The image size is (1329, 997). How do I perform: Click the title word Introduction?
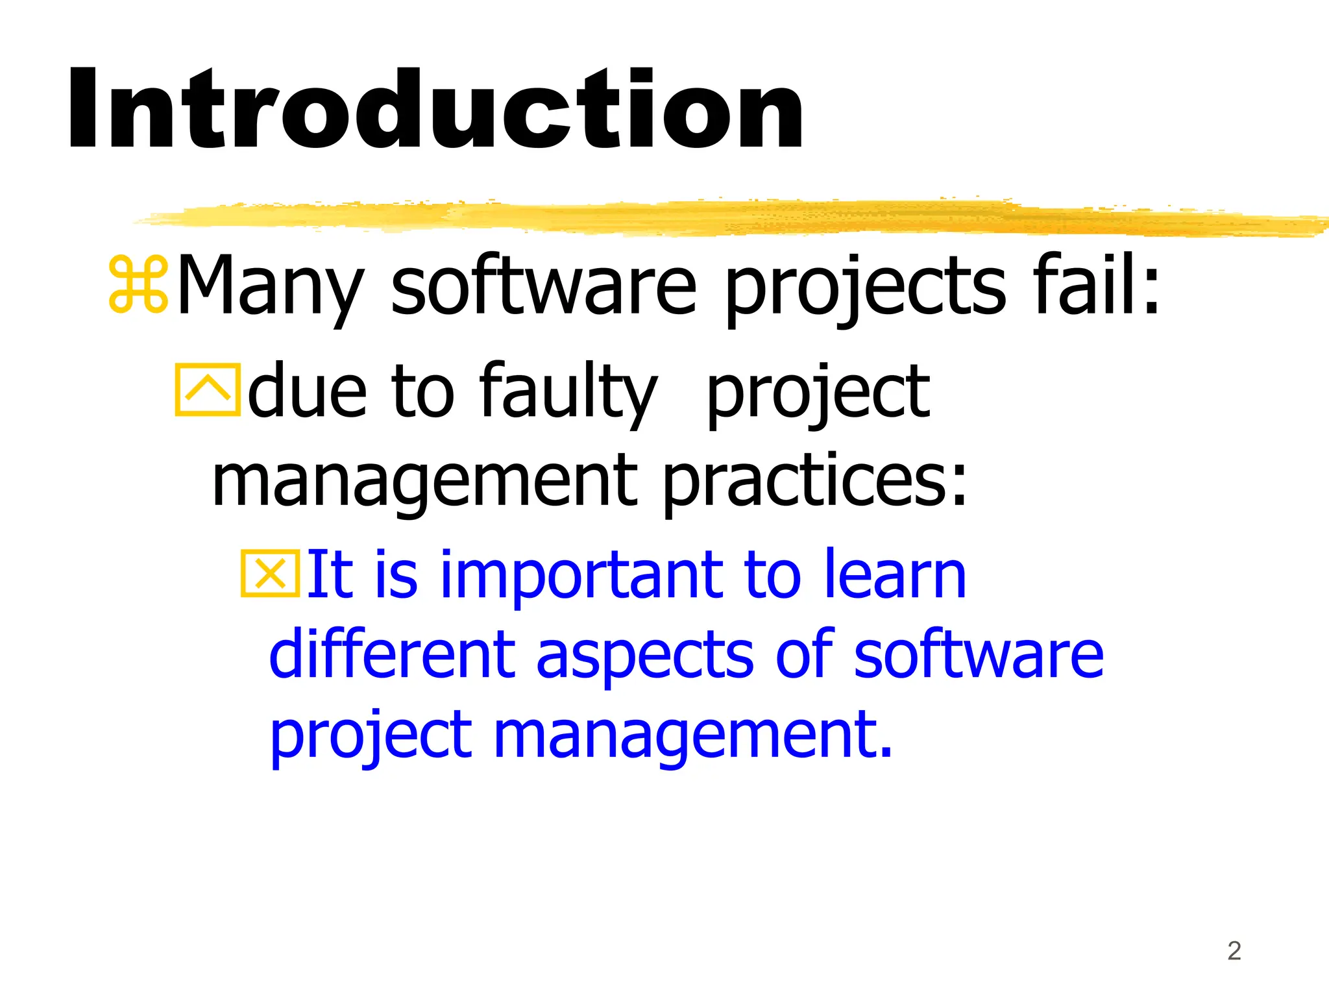435,110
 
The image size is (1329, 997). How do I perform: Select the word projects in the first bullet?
865,289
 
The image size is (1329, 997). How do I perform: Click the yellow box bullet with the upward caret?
208,389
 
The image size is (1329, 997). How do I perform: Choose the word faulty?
568,393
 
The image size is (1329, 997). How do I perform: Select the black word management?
425,484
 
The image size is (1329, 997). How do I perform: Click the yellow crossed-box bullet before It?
271,573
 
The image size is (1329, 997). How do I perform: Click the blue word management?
693,737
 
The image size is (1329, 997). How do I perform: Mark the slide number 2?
1234,951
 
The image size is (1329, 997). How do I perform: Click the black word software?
544,286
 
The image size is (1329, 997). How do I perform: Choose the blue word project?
371,737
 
